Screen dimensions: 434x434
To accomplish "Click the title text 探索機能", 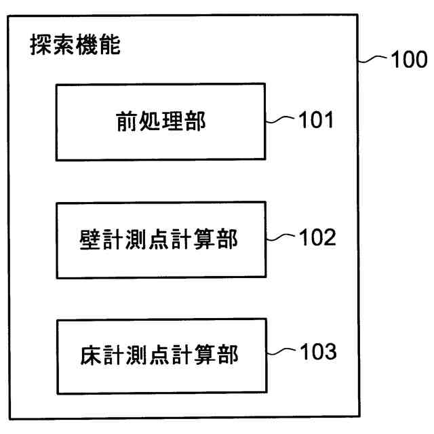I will (75, 47).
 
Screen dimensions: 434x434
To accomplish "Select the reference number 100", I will (408, 60).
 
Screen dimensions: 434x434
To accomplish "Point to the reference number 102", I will (316, 239).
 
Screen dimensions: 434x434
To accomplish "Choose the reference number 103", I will (316, 353).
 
